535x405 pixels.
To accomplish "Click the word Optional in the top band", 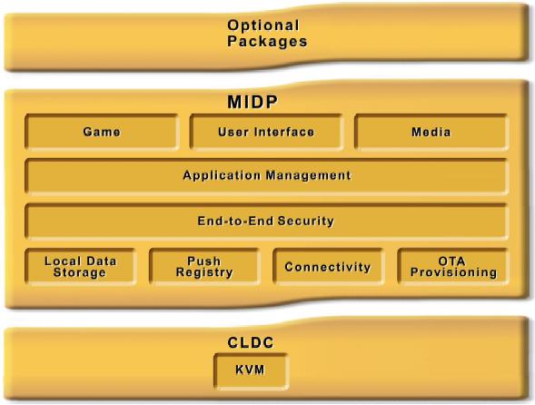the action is pos(263,25).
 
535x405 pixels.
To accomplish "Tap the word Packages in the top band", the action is pos(267,41).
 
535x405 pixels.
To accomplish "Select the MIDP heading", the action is pos(253,102).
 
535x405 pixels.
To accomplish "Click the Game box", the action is pos(102,132).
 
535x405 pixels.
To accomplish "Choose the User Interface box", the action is pos(266,132).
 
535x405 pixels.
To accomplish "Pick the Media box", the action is pos(431,132).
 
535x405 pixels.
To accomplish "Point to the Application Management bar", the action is pos(266,176).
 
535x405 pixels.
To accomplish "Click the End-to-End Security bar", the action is pos(266,221).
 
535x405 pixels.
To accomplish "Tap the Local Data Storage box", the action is pos(81,266).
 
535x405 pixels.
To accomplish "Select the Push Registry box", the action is pos(204,266).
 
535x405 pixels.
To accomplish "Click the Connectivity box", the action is pos(328,266).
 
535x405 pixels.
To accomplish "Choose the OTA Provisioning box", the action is pos(453,266).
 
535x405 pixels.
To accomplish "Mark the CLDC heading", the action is pos(251,342).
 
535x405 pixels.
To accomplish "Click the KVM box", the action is pos(251,371).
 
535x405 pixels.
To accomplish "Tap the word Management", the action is pos(309,176).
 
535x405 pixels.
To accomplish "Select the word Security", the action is pos(306,221).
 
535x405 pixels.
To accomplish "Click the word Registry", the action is pos(204,272).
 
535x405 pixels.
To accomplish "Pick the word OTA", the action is pos(451,262).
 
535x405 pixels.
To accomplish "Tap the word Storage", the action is pos(80,272).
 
